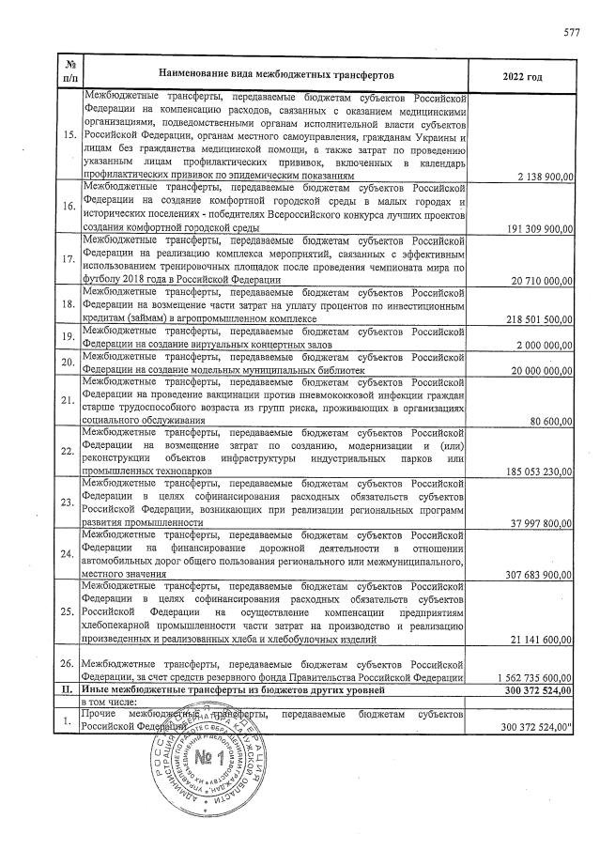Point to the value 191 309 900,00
[x=532, y=227]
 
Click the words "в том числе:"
[x=111, y=702]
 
